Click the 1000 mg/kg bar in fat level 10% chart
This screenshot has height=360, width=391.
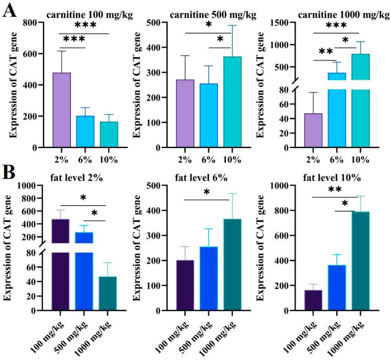pos(361,261)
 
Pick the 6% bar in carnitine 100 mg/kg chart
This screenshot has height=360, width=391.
pos(85,131)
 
